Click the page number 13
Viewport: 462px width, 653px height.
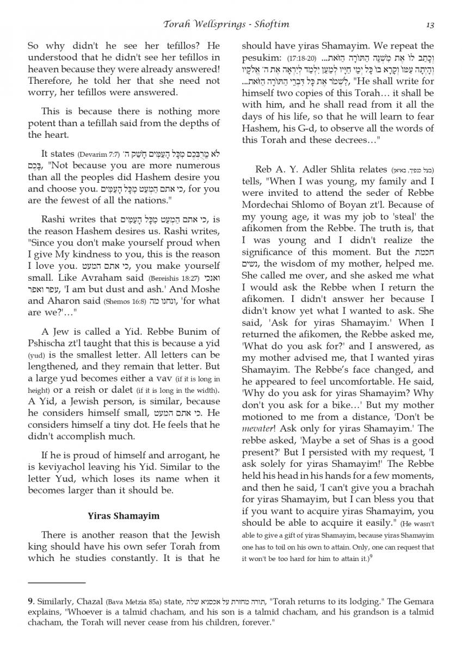pyautogui.click(x=430, y=24)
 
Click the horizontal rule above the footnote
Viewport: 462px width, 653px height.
pyautogui.click(x=57, y=582)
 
